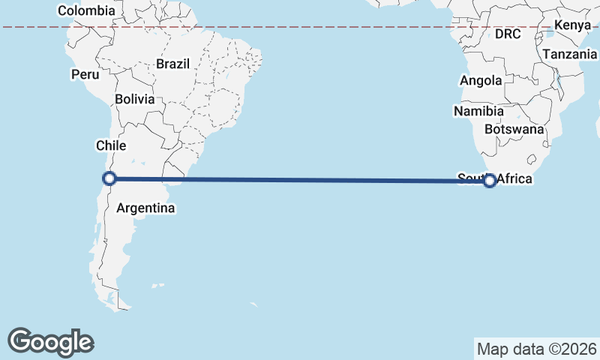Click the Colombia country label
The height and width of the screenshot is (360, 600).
(86, 10)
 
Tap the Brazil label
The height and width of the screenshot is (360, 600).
(172, 64)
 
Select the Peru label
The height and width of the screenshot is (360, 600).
(85, 74)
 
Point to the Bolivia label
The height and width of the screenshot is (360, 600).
(135, 99)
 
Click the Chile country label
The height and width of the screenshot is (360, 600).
(110, 145)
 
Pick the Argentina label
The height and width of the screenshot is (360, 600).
(145, 208)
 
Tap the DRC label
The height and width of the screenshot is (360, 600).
(508, 34)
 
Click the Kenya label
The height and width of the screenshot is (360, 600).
(572, 26)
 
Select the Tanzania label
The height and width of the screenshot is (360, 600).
(570, 54)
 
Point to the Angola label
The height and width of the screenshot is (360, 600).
(481, 81)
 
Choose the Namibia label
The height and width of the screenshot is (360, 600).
(478, 111)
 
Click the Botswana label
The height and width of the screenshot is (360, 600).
(514, 129)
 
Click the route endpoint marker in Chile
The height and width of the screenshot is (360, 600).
(109, 178)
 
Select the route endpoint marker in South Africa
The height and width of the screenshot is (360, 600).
(490, 180)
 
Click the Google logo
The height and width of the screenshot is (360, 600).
(50, 341)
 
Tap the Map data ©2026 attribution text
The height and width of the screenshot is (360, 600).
(536, 349)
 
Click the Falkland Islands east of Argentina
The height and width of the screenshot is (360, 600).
(157, 286)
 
